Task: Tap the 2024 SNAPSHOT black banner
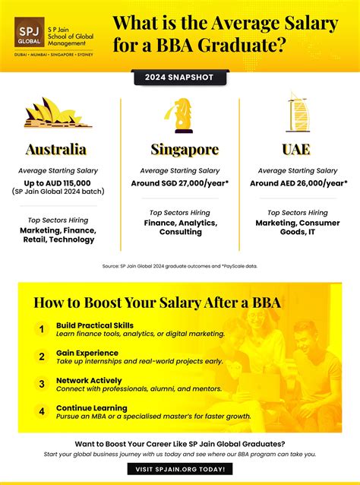[179, 77]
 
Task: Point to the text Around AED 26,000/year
[298, 182]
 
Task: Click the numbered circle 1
[43, 330]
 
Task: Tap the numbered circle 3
[43, 384]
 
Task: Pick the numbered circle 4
[43, 412]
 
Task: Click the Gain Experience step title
[87, 353]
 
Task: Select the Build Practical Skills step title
[101, 325]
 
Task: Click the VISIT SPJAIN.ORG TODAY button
[179, 470]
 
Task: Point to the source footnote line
[180, 265]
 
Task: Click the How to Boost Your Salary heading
[157, 303]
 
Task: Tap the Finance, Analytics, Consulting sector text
[181, 227]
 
